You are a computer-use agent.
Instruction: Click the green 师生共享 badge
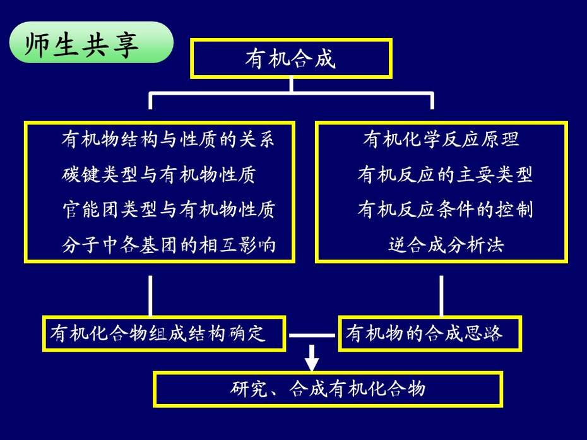point(91,42)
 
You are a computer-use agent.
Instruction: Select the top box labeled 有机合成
point(291,59)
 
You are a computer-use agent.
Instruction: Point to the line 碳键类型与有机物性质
point(158,174)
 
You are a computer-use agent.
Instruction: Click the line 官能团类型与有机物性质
point(169,210)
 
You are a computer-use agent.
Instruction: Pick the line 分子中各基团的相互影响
point(169,245)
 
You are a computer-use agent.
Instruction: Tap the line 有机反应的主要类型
point(445,174)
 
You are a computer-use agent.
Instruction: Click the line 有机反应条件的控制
point(445,210)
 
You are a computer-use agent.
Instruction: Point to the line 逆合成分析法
point(446,245)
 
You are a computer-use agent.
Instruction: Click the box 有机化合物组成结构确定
point(164,334)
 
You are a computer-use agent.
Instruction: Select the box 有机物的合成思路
point(430,334)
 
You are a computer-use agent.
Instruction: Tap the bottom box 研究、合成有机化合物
point(328,389)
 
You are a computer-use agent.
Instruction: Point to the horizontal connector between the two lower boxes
point(312,335)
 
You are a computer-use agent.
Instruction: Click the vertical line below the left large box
point(150,296)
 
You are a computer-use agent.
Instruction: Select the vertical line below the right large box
point(441,296)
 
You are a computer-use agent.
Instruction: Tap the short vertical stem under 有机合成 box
point(291,85)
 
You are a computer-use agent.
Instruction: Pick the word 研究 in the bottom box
point(248,389)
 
